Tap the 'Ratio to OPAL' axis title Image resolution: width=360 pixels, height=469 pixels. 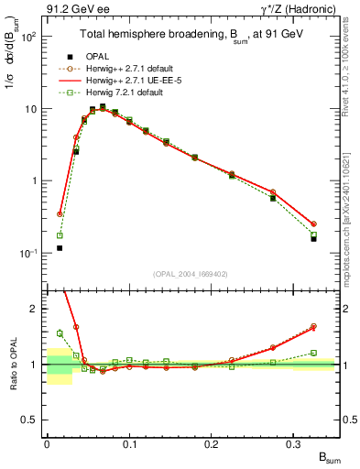(x=13, y=366)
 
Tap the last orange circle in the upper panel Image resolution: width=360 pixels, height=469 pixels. (x=313, y=224)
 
